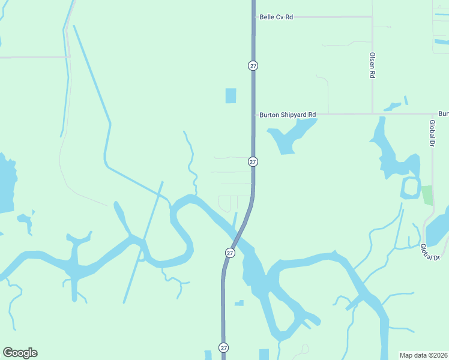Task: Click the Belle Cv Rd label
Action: (x=276, y=17)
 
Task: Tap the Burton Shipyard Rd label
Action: (x=288, y=115)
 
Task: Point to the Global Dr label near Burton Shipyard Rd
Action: (x=432, y=133)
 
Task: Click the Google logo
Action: (x=20, y=353)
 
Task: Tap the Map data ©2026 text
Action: (x=423, y=355)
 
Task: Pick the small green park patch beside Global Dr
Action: (x=427, y=195)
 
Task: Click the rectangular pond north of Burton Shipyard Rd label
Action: (x=231, y=95)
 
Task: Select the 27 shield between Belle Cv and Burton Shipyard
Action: (x=253, y=65)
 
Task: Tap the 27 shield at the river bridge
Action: (x=230, y=253)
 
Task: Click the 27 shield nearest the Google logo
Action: (x=223, y=347)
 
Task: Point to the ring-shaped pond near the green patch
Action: (x=411, y=188)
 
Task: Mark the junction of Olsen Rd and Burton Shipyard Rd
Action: (x=372, y=113)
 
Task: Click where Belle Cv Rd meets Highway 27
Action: (x=253, y=17)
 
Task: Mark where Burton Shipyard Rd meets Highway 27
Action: (x=253, y=114)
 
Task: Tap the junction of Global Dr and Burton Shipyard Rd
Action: (x=432, y=113)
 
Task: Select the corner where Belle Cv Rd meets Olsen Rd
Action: (x=372, y=17)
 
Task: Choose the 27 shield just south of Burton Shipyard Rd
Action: (x=253, y=162)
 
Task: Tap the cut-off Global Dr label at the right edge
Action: (x=430, y=251)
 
